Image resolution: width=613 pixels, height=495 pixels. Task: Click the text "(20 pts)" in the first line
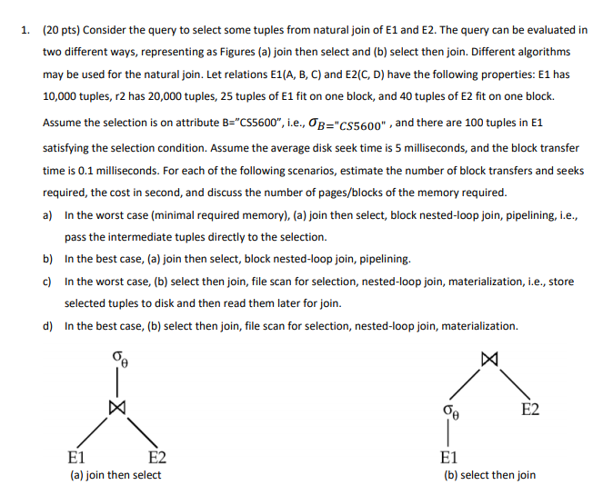click(61, 30)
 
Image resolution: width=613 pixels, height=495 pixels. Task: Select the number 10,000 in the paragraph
click(65, 96)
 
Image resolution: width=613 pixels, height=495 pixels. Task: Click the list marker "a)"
click(47, 215)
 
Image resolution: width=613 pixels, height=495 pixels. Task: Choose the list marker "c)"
click(47, 282)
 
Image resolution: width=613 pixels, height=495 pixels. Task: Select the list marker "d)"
click(47, 326)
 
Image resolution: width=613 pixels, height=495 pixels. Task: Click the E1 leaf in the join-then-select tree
click(78, 455)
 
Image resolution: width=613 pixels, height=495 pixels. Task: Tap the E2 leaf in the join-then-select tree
click(156, 455)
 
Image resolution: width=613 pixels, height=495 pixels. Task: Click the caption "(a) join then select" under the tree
click(116, 474)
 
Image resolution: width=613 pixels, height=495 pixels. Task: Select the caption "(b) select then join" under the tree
click(489, 474)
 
